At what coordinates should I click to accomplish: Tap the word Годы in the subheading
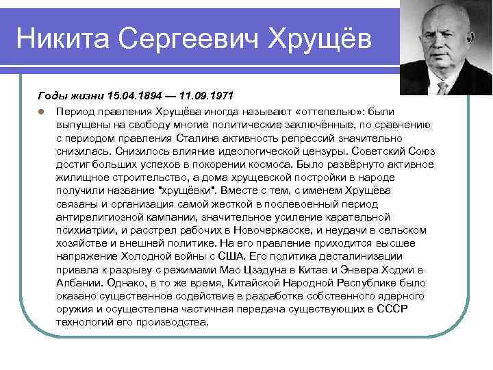(x=52, y=97)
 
